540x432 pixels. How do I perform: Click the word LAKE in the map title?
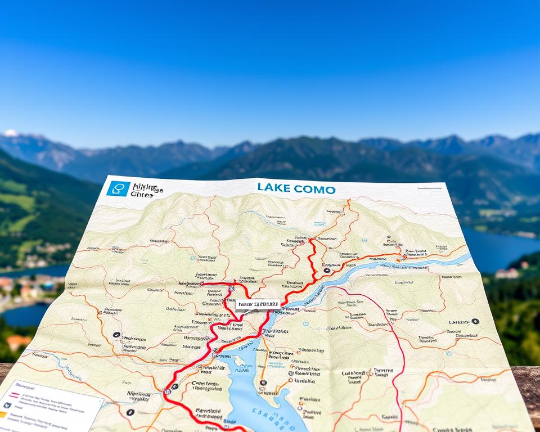[x=273, y=188]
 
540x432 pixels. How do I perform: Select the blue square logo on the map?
[x=118, y=188]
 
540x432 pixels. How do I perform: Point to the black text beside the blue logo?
[x=146, y=191]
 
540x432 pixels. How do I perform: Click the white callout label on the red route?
[x=257, y=304]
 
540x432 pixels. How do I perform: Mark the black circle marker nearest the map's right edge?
[x=475, y=321]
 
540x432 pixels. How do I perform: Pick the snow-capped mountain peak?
[x=11, y=134]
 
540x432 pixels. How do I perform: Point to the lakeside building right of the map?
[x=507, y=273]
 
